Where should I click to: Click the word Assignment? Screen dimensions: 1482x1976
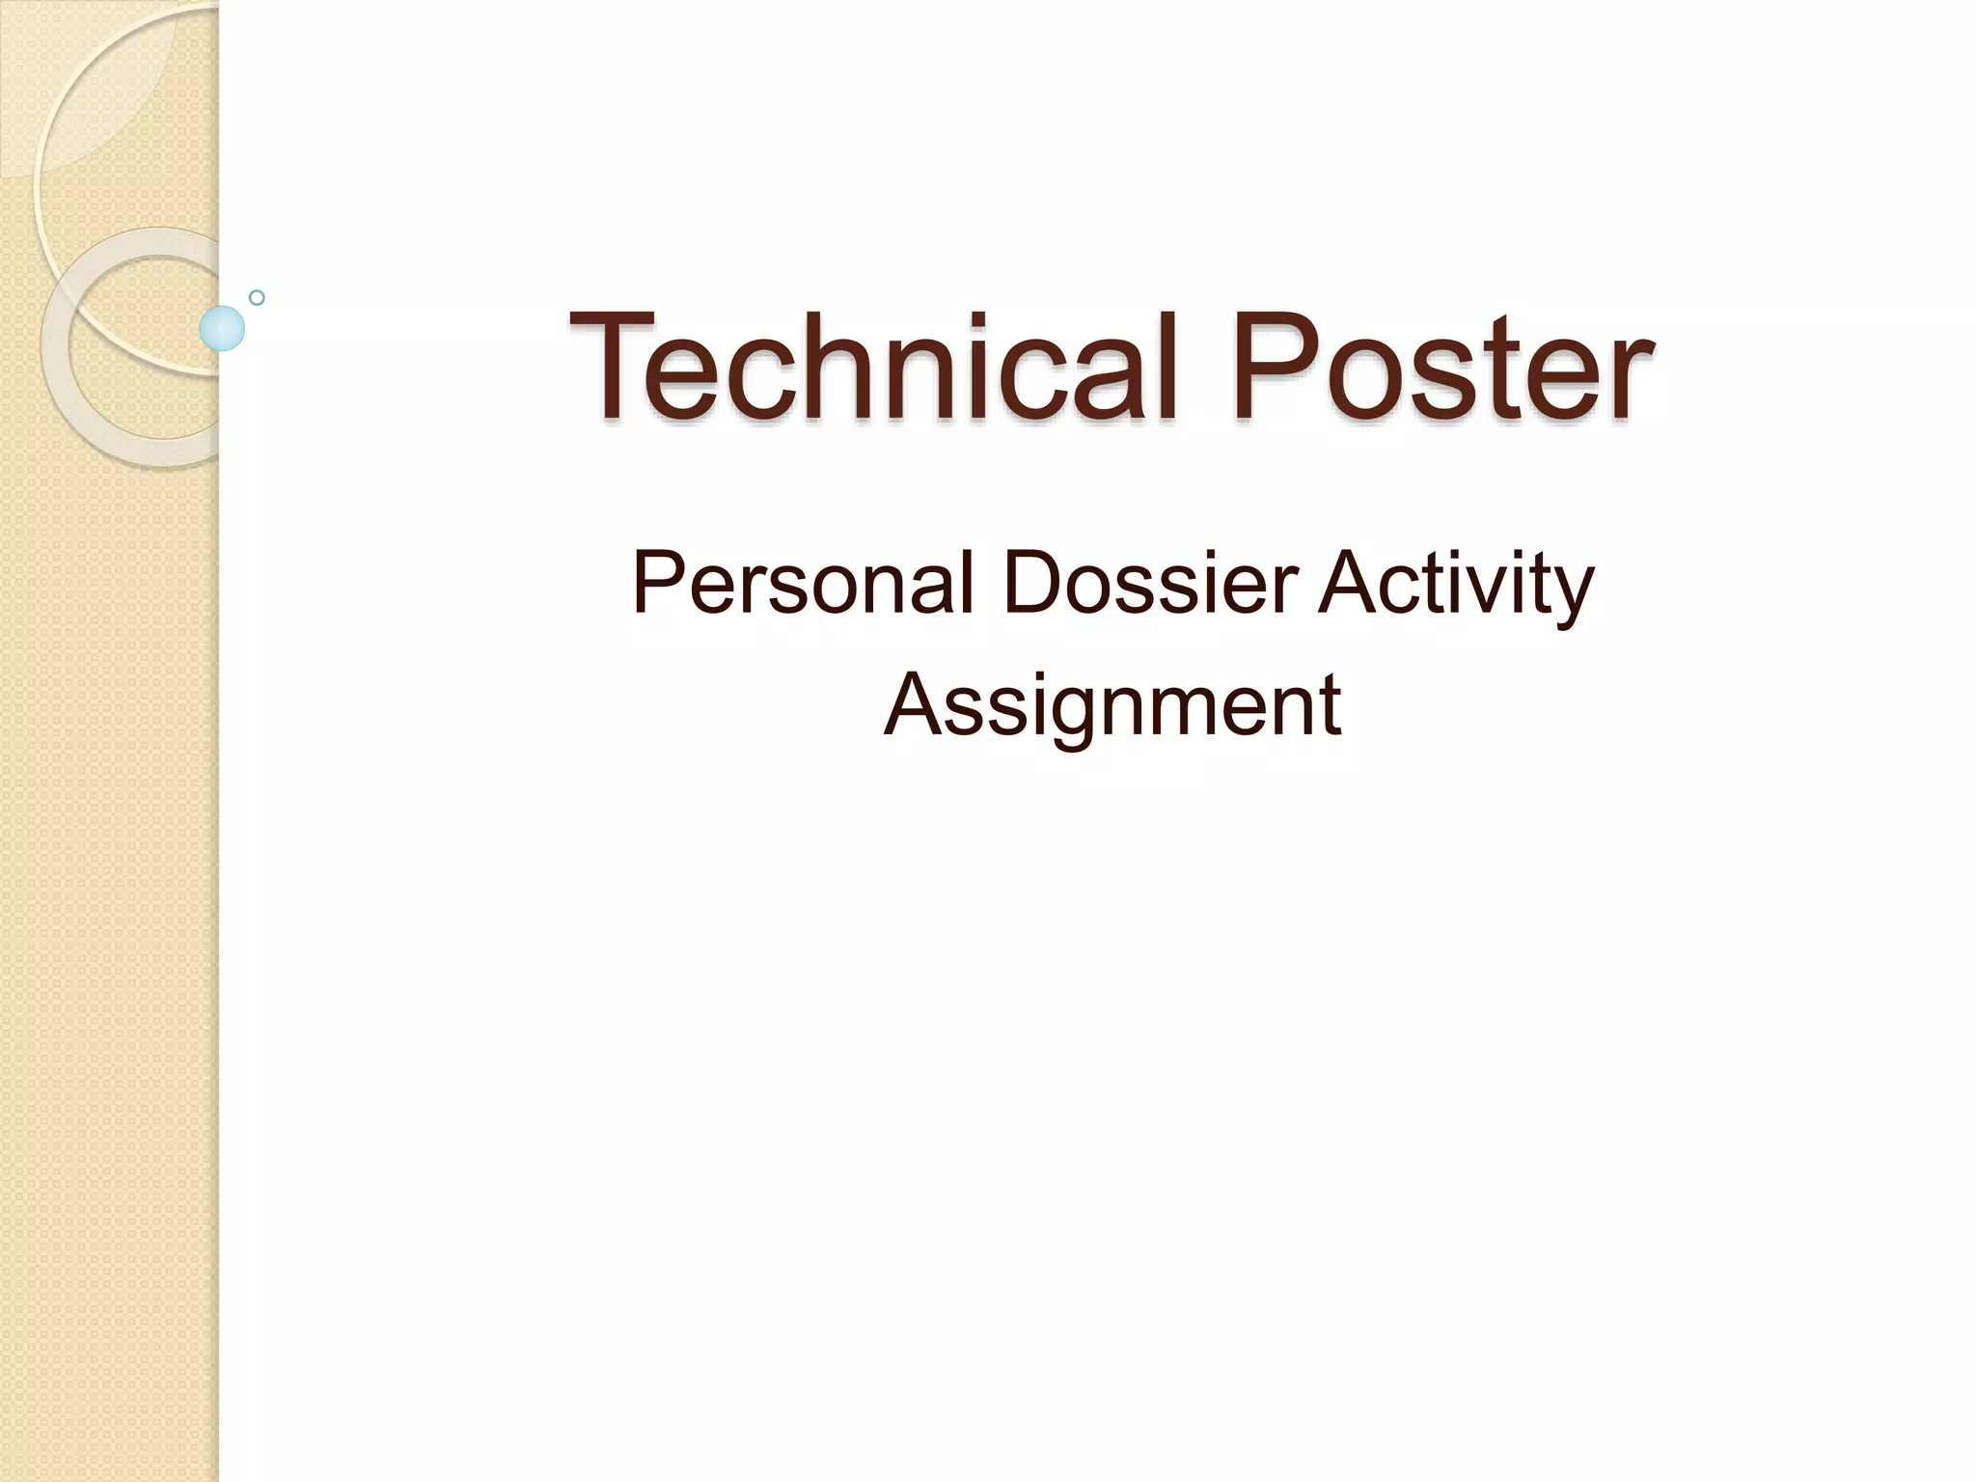point(1111,705)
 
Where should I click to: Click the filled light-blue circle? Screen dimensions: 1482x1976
point(222,328)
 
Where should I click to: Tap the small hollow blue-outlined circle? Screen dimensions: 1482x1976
point(257,297)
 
